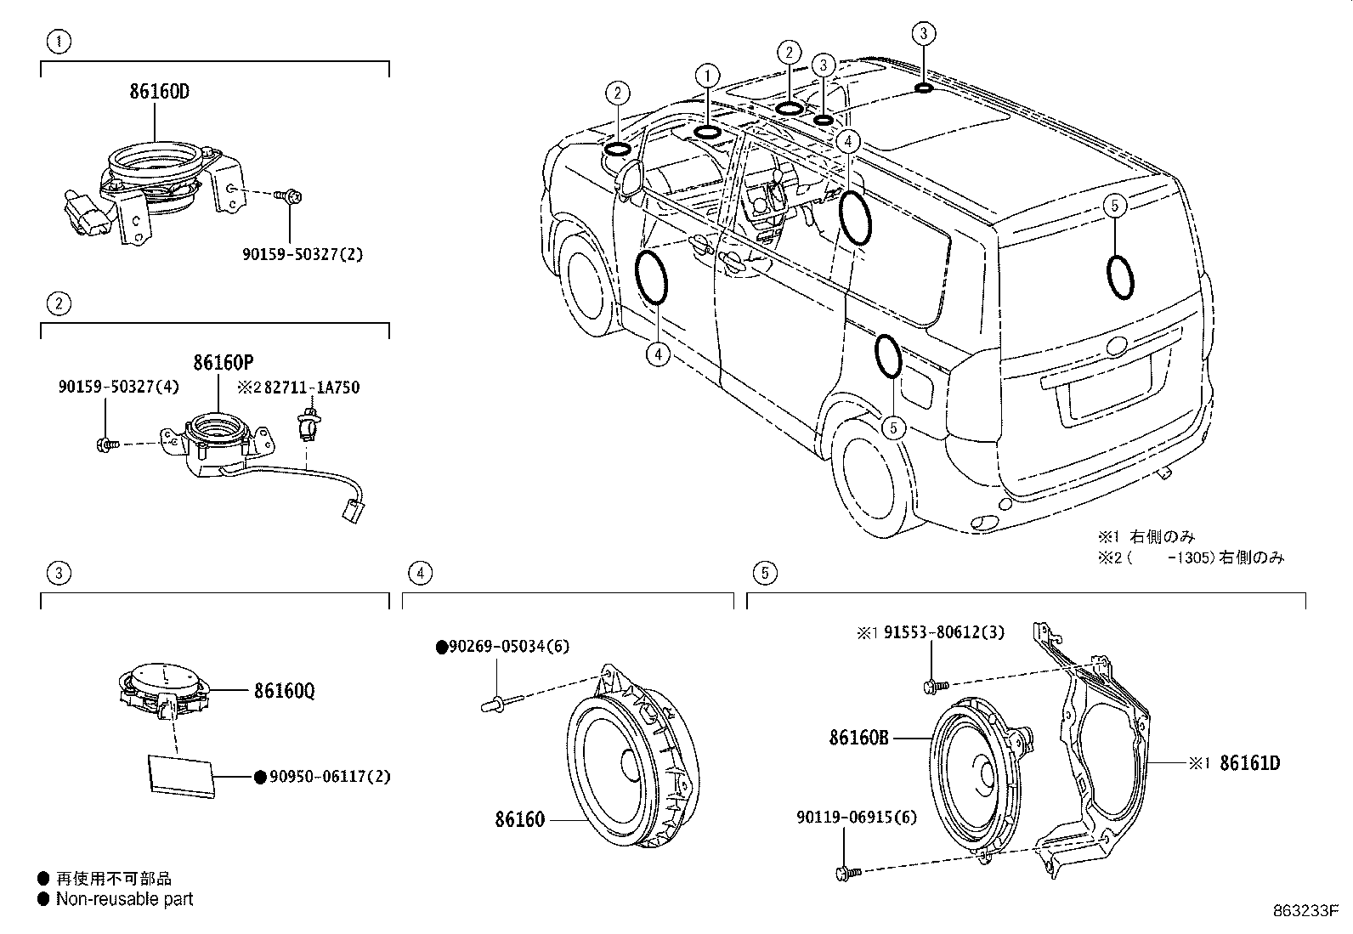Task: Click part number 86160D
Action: click(x=159, y=92)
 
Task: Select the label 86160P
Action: click(x=223, y=363)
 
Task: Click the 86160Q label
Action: click(x=284, y=691)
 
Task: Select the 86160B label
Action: click(x=858, y=739)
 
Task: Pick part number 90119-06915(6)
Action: click(x=857, y=818)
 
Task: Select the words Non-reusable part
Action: click(x=124, y=899)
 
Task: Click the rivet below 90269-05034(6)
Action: click(x=495, y=702)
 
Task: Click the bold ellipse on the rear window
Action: click(x=1119, y=275)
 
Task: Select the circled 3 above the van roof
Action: click(x=924, y=34)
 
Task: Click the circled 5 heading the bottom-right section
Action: click(x=764, y=573)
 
